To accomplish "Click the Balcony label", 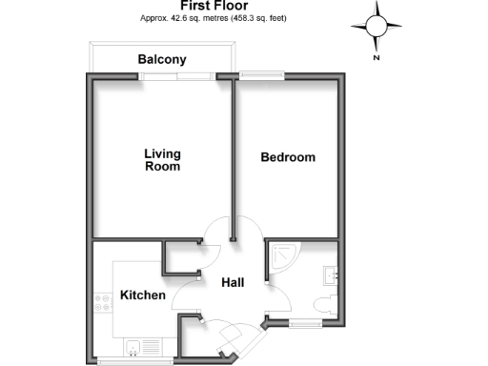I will click(x=162, y=60).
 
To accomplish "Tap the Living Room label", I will click(x=162, y=159).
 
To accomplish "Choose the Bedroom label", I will click(x=288, y=157).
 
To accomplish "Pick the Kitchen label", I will click(x=143, y=296).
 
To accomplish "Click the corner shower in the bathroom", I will click(x=282, y=255).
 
